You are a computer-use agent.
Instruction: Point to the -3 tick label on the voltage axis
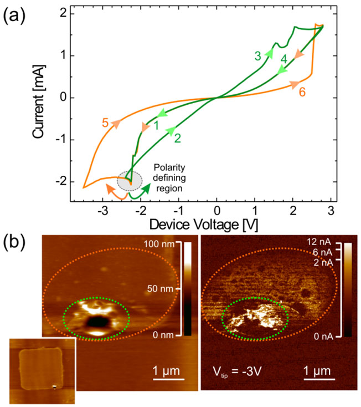click(x=102, y=211)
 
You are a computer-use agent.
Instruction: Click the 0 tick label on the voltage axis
click(x=217, y=211)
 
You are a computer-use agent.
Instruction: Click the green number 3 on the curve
click(x=257, y=55)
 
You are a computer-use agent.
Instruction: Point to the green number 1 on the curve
click(x=157, y=126)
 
